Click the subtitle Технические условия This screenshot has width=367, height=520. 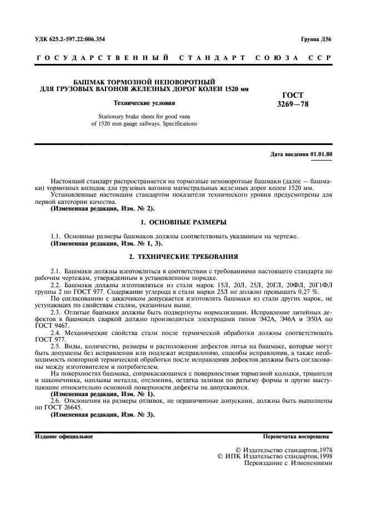(144, 103)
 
